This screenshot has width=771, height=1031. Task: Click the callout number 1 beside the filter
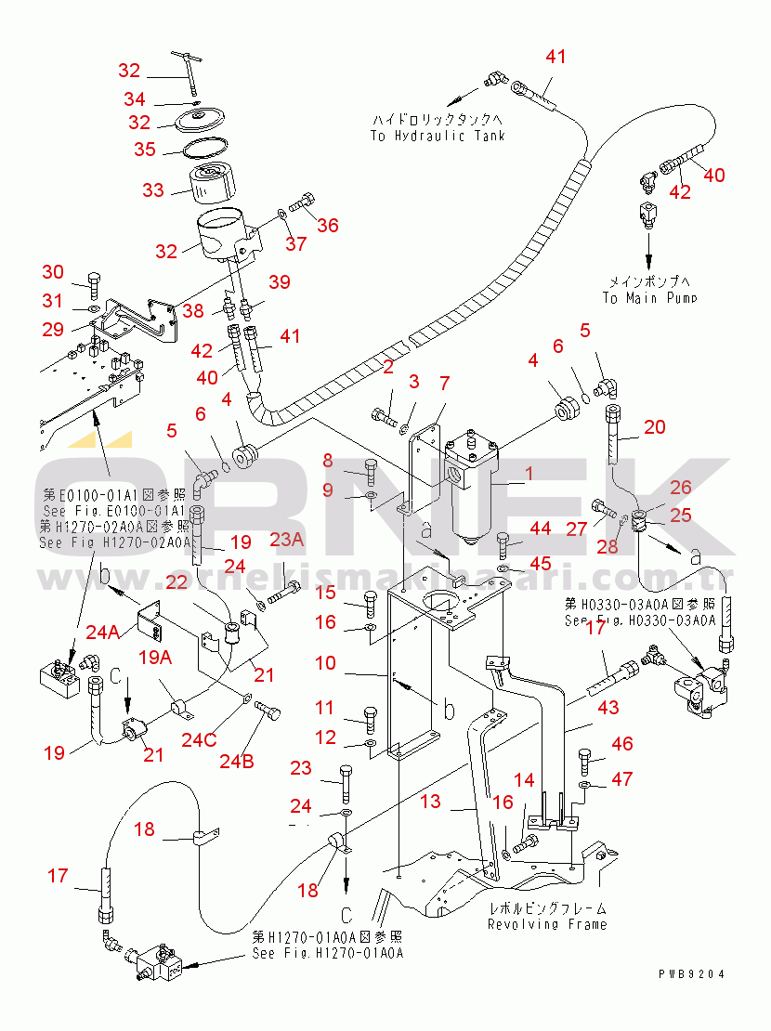coord(529,474)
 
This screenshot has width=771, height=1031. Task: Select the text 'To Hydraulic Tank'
coord(438,136)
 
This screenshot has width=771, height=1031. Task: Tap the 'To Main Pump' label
coord(648,298)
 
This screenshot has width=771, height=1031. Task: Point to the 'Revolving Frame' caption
coord(547,924)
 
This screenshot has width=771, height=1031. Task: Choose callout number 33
coord(153,190)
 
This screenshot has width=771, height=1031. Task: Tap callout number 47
coord(621,778)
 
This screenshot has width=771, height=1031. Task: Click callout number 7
coord(444,382)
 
